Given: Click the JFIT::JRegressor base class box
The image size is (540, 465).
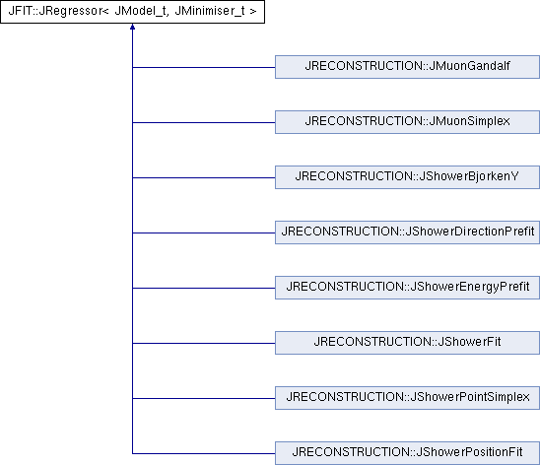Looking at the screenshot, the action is pos(132,12).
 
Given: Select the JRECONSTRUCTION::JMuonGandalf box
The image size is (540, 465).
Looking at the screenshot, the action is pos(407,67).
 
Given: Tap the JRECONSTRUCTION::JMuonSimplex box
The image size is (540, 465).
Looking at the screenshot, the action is pos(407,122).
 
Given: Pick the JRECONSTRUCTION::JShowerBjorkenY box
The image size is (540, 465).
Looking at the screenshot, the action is pos(407,177).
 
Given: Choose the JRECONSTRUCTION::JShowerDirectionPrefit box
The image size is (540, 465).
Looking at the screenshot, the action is pos(407,232).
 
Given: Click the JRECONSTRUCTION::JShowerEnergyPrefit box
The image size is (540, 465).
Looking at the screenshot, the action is pos(407,288).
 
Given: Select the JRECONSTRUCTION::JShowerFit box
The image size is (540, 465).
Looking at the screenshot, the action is pos(407,343).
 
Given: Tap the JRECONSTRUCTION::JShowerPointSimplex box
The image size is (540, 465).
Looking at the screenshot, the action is pos(407,398).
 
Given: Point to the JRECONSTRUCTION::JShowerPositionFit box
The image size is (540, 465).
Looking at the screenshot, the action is pos(407,453).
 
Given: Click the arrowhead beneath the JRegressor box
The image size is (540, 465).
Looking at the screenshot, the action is pos(132,27).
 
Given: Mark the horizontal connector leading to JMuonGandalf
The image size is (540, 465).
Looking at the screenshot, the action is pos(204,67).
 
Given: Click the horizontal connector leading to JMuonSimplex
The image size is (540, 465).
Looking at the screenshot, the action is pos(204,122).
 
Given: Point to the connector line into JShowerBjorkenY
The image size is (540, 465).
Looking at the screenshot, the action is pos(204,177).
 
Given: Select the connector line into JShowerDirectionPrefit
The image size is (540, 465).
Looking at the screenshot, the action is pos(204,233).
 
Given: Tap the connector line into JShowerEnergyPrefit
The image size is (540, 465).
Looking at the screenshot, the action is pos(204,288).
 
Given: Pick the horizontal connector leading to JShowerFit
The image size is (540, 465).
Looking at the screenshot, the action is pos(204,343).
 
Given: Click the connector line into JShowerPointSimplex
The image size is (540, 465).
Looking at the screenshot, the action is pos(204,399).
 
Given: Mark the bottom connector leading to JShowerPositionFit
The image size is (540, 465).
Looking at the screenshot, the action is pos(204,453).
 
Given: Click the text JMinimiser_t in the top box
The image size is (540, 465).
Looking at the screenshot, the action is pos(210,11).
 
